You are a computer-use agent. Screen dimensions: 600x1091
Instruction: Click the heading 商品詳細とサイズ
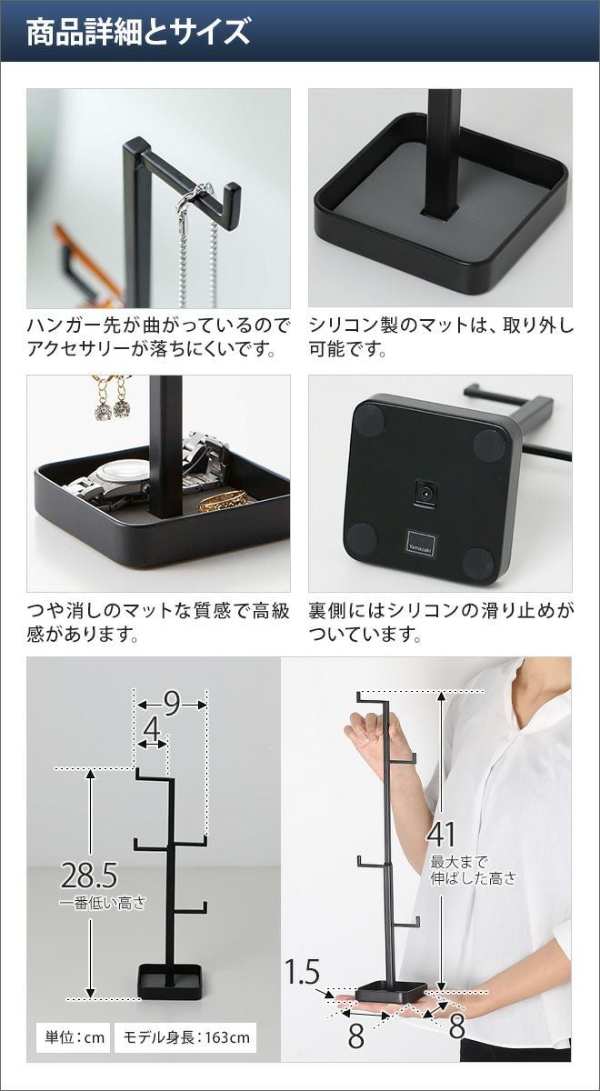pyautogui.click(x=138, y=32)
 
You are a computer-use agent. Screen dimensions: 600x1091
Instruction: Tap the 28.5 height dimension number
pyautogui.click(x=89, y=875)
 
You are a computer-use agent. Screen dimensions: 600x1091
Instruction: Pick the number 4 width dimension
pyautogui.click(x=152, y=729)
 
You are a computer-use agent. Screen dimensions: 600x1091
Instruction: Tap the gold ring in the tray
pyautogui.click(x=224, y=501)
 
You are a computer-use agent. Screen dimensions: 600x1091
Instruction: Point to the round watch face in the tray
pyautogui.click(x=123, y=474)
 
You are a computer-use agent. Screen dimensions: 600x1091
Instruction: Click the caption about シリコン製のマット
pyautogui.click(x=441, y=337)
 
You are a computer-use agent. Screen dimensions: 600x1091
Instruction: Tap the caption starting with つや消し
pyautogui.click(x=158, y=623)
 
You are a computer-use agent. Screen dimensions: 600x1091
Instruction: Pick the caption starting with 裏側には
pyautogui.click(x=441, y=623)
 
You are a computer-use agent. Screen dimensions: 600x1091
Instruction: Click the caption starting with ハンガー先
pyautogui.click(x=158, y=337)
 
